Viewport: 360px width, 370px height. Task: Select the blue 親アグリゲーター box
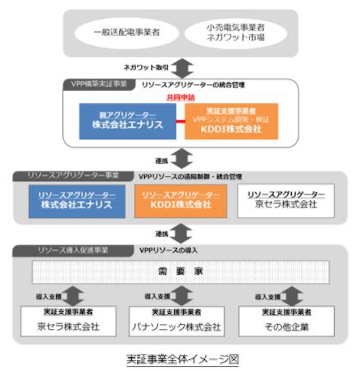[x=127, y=121]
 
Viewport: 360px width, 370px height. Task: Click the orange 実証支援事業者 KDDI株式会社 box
[x=231, y=121]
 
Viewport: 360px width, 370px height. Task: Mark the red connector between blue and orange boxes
[x=180, y=122]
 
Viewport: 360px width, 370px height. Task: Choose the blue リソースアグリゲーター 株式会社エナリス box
[x=78, y=200]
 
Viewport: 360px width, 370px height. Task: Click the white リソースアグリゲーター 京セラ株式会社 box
[x=285, y=200]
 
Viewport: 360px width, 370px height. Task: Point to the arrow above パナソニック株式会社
[x=181, y=295]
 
